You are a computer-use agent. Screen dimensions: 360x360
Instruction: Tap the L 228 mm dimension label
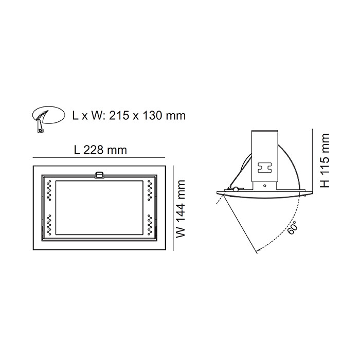tap(100, 150)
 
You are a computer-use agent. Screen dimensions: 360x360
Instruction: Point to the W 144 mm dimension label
tap(181, 209)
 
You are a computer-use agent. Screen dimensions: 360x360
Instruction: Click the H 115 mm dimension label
tap(325, 160)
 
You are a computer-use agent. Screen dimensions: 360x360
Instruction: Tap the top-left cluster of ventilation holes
tap(49, 190)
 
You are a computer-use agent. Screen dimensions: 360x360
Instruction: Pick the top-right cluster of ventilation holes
tap(150, 190)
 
